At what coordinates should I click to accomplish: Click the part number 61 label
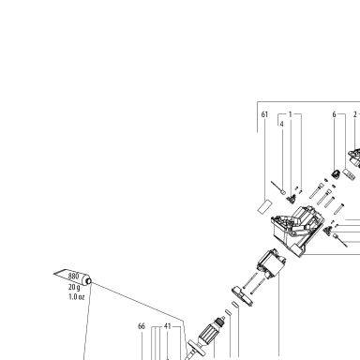coord(264,114)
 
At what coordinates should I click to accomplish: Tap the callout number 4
coord(282,124)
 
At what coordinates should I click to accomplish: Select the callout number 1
coord(291,114)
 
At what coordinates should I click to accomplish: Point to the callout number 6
coord(334,114)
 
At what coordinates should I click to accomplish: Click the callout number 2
coord(355,114)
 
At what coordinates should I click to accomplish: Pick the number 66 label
coord(142,326)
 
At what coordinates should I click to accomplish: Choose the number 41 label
coord(168,326)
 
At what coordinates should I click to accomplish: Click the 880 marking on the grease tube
coord(73,277)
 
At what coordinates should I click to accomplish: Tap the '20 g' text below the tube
coord(74,287)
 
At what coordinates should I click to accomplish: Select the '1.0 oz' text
coord(77,296)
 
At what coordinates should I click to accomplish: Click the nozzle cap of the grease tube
coord(88,281)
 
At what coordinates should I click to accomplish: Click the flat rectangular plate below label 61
coord(264,206)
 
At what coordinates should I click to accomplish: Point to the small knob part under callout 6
coord(336,174)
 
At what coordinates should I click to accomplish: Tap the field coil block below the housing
coord(271,264)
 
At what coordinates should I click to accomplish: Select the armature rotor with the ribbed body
coord(210,333)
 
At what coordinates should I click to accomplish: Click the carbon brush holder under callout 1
coord(292,199)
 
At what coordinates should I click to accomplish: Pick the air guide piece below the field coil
coord(243,295)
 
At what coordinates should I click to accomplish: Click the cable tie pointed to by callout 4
coord(277,187)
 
